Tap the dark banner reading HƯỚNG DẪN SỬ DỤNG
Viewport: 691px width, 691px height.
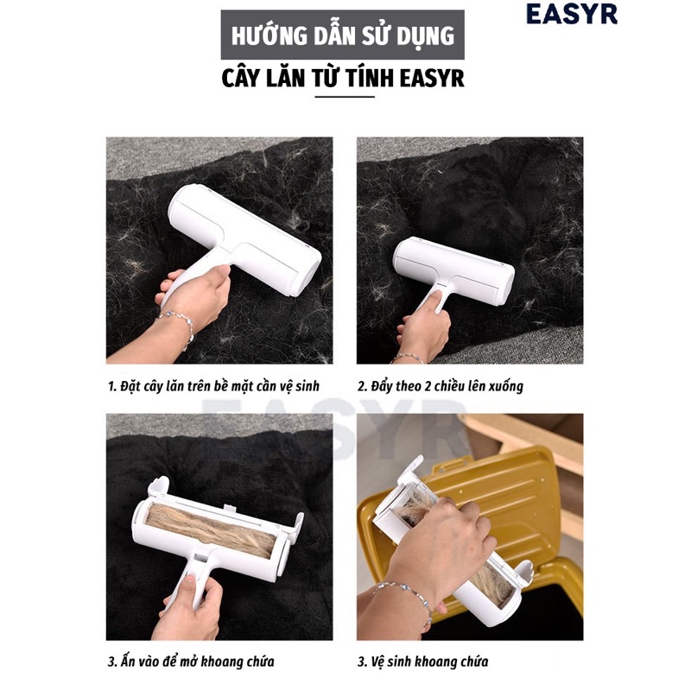[342, 35]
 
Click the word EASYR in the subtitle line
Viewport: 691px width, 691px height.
[433, 79]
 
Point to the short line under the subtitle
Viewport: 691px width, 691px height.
[344, 97]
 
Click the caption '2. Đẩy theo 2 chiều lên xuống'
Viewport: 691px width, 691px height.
[441, 385]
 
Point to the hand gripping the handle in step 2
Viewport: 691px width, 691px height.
[423, 328]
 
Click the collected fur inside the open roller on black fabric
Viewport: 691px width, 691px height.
[212, 528]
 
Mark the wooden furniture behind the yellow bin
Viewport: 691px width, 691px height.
[536, 441]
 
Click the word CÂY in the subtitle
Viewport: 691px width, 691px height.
[242, 79]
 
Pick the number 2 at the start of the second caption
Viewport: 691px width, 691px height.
[362, 385]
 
